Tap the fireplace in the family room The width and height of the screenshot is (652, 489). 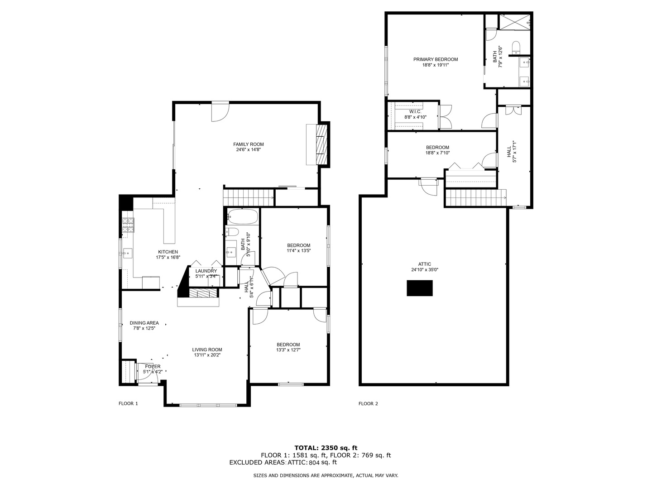point(321,145)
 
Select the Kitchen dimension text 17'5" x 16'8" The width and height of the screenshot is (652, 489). point(168,258)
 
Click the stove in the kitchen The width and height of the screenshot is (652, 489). point(128,225)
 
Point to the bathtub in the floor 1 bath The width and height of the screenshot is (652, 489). point(242,216)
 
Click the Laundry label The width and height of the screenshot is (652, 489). point(206,271)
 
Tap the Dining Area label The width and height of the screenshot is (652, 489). point(144,323)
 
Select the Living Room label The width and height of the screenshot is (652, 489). point(207,350)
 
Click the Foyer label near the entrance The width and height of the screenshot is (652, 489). point(153,366)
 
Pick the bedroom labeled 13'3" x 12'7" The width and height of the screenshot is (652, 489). point(288,347)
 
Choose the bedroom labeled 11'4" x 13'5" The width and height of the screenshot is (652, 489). point(298,248)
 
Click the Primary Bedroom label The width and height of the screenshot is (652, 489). point(435,59)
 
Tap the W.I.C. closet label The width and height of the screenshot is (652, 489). point(415,111)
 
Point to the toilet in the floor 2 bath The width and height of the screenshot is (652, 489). point(516,47)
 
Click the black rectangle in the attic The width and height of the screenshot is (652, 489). point(419,288)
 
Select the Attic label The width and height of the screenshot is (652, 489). point(424,264)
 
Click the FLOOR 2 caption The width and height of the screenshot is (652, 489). point(368,403)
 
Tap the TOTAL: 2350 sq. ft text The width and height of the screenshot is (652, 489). point(326,448)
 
